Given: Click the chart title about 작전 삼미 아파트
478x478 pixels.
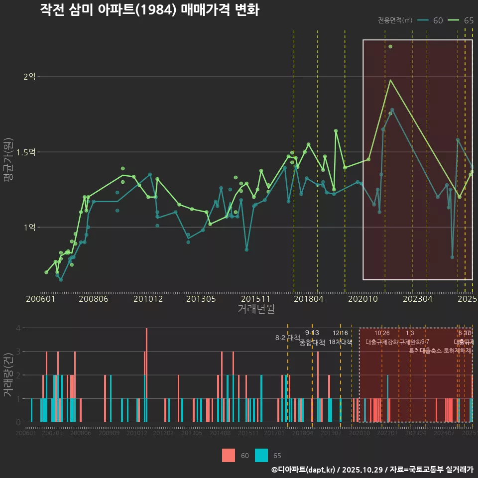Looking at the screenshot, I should pyautogui.click(x=149, y=10).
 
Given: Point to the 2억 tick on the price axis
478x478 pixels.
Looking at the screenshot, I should pyautogui.click(x=30, y=77).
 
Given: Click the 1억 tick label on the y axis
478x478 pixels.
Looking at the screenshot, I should pyautogui.click(x=30, y=227).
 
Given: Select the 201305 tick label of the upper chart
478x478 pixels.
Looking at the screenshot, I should pyautogui.click(x=201, y=299).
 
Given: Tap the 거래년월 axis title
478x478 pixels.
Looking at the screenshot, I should pyautogui.click(x=256, y=309).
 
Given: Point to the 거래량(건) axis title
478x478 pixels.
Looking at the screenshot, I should pyautogui.click(x=8, y=375).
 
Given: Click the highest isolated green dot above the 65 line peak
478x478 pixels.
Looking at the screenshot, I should pyautogui.click(x=390, y=47).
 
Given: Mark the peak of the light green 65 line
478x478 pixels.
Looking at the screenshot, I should pyautogui.click(x=390, y=80).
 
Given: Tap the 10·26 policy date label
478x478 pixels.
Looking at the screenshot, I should pyautogui.click(x=382, y=333).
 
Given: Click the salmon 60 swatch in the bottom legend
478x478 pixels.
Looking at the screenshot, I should pyautogui.click(x=229, y=455).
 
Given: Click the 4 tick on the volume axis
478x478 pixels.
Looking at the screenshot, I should pyautogui.click(x=17, y=328).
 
